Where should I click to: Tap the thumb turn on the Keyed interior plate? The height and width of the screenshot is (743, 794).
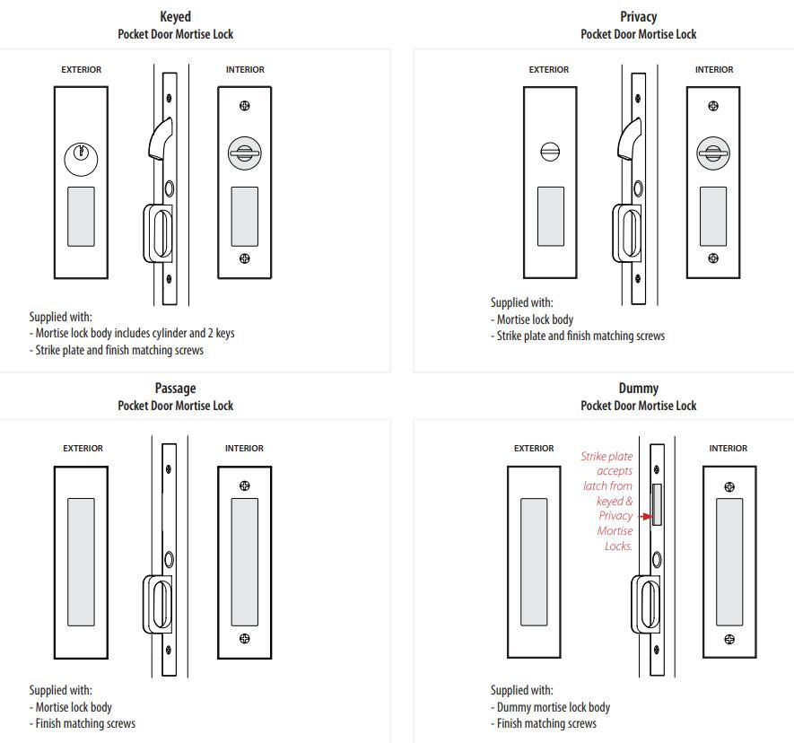pyautogui.click(x=244, y=153)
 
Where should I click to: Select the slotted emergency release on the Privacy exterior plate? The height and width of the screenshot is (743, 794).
pyautogui.click(x=549, y=152)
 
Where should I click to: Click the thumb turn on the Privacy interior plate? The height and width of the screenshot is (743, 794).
pyautogui.click(x=713, y=153)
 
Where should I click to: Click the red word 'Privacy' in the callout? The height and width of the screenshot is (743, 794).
pyautogui.click(x=615, y=516)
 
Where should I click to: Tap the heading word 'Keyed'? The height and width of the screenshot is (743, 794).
pyautogui.click(x=175, y=17)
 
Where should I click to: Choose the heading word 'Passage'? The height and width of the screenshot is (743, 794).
pyautogui.click(x=175, y=389)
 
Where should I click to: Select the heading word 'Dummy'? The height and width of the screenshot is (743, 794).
pyautogui.click(x=638, y=389)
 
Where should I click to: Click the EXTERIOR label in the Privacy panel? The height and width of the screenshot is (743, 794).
pyautogui.click(x=549, y=70)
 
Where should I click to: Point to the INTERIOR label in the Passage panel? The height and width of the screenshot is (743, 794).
pyautogui.click(x=244, y=449)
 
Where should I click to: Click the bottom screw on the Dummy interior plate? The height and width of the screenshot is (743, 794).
pyautogui.click(x=729, y=639)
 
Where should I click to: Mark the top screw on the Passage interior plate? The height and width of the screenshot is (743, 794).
pyautogui.click(x=245, y=485)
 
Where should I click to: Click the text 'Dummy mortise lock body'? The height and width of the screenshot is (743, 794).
pyautogui.click(x=553, y=707)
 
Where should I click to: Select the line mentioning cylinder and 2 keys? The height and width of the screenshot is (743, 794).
pyautogui.click(x=135, y=334)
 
